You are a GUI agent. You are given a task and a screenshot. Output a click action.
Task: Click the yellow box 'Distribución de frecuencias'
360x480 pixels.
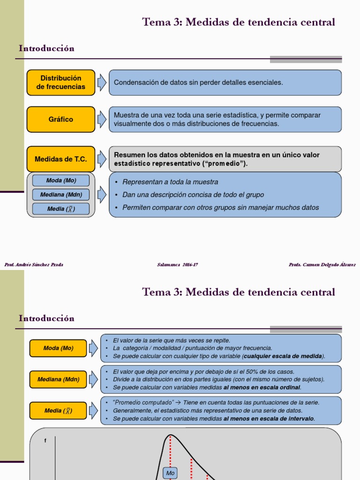point(61,82)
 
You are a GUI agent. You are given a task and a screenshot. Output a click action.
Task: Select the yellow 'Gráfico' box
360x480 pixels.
point(61,120)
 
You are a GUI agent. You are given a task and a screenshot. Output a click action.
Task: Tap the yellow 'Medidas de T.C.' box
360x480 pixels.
point(61,159)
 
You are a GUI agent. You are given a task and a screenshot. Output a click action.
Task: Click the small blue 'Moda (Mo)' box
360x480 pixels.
point(61,180)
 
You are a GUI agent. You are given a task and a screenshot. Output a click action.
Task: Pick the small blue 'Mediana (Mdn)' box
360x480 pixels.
point(61,195)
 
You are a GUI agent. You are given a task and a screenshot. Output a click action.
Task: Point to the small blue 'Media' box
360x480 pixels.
point(61,209)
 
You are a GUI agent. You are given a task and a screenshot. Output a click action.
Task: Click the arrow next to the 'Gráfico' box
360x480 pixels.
point(102,120)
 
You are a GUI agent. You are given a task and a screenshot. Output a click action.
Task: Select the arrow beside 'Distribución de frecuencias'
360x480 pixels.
point(102,82)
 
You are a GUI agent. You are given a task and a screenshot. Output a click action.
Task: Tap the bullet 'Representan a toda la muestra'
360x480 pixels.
point(170,182)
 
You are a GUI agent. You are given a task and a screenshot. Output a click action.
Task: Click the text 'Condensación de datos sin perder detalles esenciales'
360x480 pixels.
point(198,82)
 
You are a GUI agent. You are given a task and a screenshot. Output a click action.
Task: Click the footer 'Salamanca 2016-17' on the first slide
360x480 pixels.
point(177,265)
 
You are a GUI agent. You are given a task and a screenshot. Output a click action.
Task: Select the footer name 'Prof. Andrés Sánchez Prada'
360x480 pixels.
point(34,265)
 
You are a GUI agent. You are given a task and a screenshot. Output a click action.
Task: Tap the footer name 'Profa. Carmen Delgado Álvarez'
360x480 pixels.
point(322,265)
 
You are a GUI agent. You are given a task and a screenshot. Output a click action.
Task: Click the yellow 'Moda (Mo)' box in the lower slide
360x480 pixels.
point(58,348)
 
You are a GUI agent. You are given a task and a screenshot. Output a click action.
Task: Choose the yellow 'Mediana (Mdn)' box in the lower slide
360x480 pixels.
point(58,379)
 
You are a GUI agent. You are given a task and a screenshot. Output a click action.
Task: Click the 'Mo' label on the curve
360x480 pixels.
point(170,473)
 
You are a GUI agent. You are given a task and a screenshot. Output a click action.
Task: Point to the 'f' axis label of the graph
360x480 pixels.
point(45,441)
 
